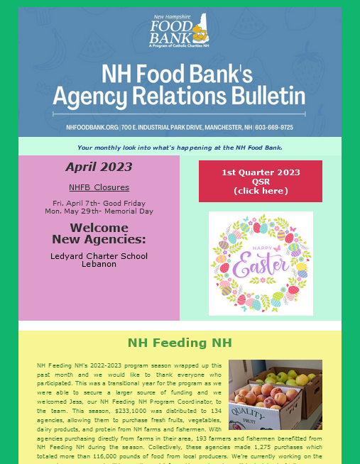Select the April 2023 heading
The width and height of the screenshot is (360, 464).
[99, 167]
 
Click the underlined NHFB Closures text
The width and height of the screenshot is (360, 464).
[99, 187]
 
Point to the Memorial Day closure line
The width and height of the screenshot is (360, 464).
[99, 211]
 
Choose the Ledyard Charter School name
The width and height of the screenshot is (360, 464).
[99, 256]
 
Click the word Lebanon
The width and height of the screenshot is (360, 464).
[99, 264]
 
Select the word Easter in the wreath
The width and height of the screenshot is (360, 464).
[261, 267]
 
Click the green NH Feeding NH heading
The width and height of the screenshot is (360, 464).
[180, 343]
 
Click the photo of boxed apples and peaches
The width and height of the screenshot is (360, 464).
[275, 394]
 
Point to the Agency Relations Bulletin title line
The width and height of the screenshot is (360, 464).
[180, 96]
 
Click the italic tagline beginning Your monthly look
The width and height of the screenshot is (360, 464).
[180, 148]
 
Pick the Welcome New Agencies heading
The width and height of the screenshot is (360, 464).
[99, 233]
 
